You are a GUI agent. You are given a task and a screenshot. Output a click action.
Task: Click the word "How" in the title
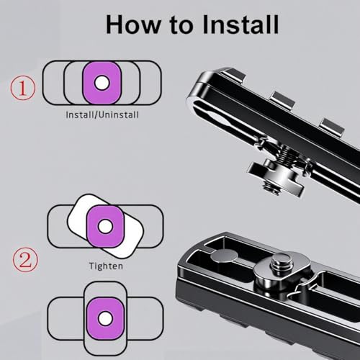(x=133, y=24)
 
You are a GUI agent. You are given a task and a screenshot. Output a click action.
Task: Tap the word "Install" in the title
(x=240, y=24)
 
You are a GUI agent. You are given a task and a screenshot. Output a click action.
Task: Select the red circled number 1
(x=23, y=88)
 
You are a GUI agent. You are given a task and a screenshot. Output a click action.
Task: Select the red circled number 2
(x=25, y=260)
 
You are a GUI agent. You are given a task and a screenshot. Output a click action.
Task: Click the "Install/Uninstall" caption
(x=102, y=114)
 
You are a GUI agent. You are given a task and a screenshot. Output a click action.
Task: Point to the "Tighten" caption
(x=106, y=266)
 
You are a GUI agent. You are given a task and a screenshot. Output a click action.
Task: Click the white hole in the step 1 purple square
(x=102, y=83)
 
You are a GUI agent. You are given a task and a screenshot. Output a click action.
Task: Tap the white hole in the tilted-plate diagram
(x=105, y=226)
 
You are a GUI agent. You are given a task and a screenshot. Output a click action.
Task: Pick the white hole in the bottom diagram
(x=105, y=318)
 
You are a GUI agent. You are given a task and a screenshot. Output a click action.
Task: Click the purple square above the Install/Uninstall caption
(x=102, y=83)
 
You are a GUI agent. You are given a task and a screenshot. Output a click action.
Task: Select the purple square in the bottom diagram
(x=105, y=319)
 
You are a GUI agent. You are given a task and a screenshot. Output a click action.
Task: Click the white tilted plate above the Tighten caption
(x=105, y=226)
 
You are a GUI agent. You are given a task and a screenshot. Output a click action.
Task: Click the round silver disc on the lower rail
(x=224, y=256)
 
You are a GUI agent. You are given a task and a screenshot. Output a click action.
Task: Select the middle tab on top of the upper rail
(x=283, y=99)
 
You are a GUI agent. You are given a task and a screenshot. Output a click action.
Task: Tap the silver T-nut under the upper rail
(x=276, y=175)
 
